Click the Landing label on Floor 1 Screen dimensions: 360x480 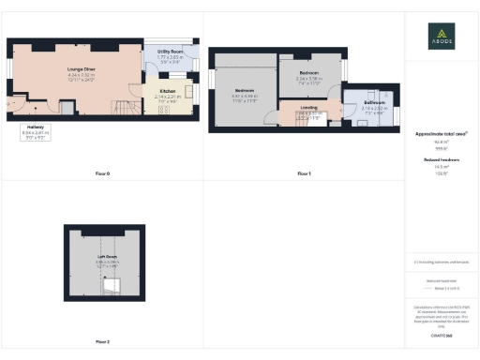308,107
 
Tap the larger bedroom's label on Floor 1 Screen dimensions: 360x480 245,89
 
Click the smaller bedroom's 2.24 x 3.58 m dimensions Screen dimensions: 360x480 309,79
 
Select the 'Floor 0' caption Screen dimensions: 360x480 102,174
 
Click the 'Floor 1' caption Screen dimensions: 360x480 303,174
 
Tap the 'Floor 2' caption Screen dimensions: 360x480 102,341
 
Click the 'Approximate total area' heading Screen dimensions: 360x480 441,134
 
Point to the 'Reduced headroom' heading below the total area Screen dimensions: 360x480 441,160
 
